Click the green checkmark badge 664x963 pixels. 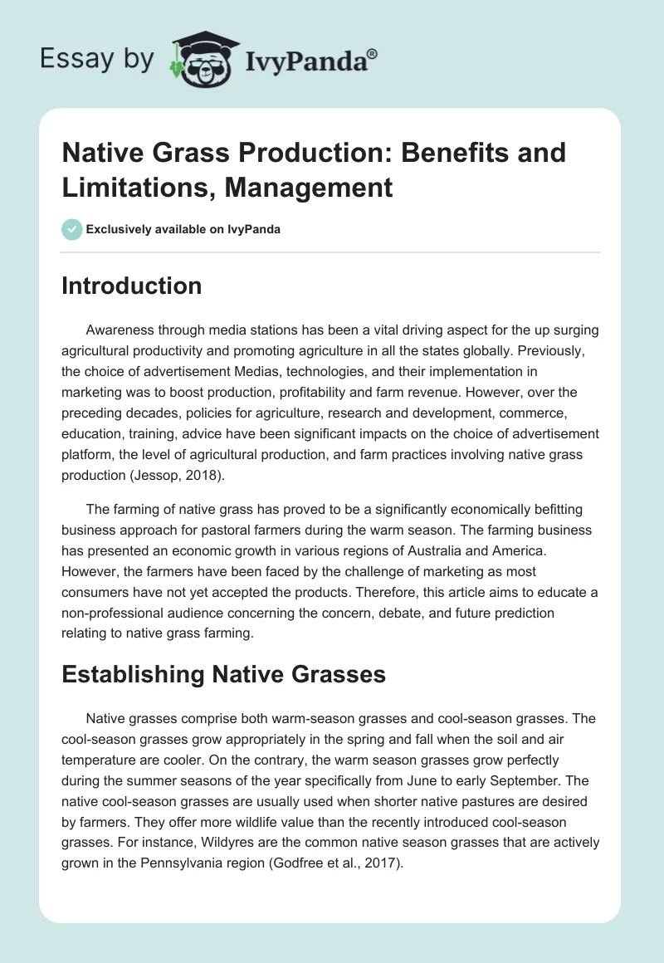(x=72, y=229)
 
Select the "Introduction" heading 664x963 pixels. (x=132, y=286)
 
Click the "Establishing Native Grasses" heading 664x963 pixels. (x=224, y=674)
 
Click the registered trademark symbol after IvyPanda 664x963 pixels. (x=372, y=53)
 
